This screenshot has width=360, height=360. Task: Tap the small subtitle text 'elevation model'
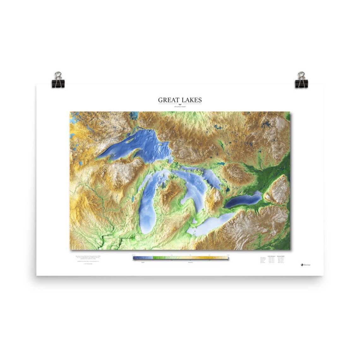tap(180, 107)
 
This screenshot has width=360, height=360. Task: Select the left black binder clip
tap(58, 80)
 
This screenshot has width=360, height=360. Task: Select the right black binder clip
tap(301, 80)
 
